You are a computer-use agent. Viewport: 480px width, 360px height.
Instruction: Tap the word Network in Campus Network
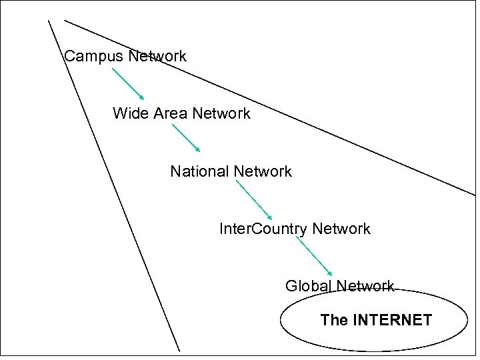[157, 57]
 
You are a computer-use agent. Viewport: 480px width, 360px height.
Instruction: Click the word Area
[170, 114]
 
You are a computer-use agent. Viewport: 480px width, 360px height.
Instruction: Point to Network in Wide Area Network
[221, 114]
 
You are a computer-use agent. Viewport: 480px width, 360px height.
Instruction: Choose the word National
[199, 172]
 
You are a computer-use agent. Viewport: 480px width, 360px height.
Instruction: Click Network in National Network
[263, 172]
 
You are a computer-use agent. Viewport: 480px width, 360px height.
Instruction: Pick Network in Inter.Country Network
[341, 229]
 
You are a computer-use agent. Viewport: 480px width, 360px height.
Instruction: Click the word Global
[308, 287]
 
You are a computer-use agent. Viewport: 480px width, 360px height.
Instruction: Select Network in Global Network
[365, 287]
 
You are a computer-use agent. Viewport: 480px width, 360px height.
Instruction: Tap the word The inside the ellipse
[334, 321]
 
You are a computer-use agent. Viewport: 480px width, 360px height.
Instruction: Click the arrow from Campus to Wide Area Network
[127, 83]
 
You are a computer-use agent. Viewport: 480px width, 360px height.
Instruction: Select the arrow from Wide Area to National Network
[186, 139]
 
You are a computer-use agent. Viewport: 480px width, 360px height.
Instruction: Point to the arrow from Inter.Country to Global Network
[314, 257]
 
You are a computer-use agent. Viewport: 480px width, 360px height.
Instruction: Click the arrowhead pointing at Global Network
[329, 273]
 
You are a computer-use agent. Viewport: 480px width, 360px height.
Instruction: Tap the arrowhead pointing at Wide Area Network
[141, 97]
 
